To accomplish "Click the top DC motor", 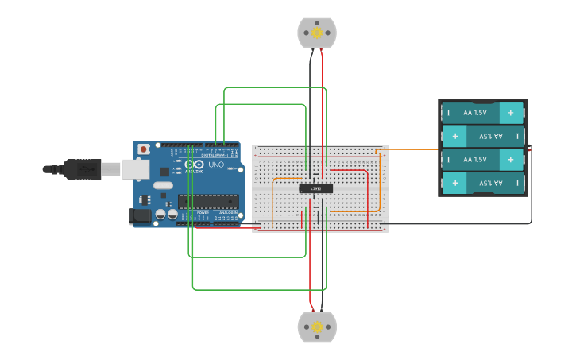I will tap(317, 33).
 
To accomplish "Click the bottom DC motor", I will tap(317, 327).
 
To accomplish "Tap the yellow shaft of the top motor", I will tap(317, 33).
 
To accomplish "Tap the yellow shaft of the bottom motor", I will tap(317, 327).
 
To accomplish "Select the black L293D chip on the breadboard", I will tap(316, 188).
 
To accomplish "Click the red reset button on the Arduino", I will tap(144, 149).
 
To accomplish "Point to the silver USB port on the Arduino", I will tap(135, 168).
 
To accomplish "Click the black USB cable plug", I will tap(80, 168).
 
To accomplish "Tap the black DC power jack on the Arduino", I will tap(139, 215).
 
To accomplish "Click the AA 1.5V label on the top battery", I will tap(474, 113).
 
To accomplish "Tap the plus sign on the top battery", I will tap(511, 113).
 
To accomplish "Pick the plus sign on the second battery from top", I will tap(455, 137).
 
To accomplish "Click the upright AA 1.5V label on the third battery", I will tap(474, 160).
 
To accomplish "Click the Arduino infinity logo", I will tap(193, 165).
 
